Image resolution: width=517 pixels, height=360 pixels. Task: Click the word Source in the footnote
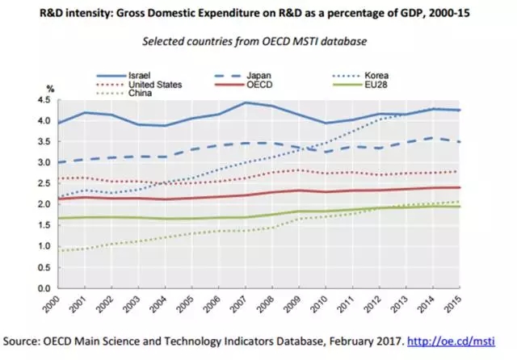(x=23, y=341)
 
